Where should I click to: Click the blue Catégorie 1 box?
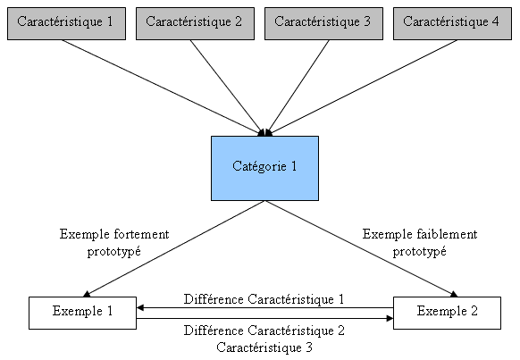click(x=264, y=167)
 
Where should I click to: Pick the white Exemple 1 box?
click(x=82, y=312)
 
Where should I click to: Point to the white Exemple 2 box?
click(x=447, y=312)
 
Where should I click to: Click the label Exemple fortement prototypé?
click(x=114, y=243)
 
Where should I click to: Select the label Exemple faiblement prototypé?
click(x=419, y=243)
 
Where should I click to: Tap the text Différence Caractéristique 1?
click(x=264, y=299)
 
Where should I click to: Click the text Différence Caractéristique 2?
click(x=264, y=331)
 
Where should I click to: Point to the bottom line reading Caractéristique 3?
click(x=264, y=347)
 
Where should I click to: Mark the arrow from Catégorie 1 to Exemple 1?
click(x=174, y=248)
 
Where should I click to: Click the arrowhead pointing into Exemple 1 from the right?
click(x=140, y=308)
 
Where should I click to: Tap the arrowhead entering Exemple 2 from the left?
click(x=390, y=316)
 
